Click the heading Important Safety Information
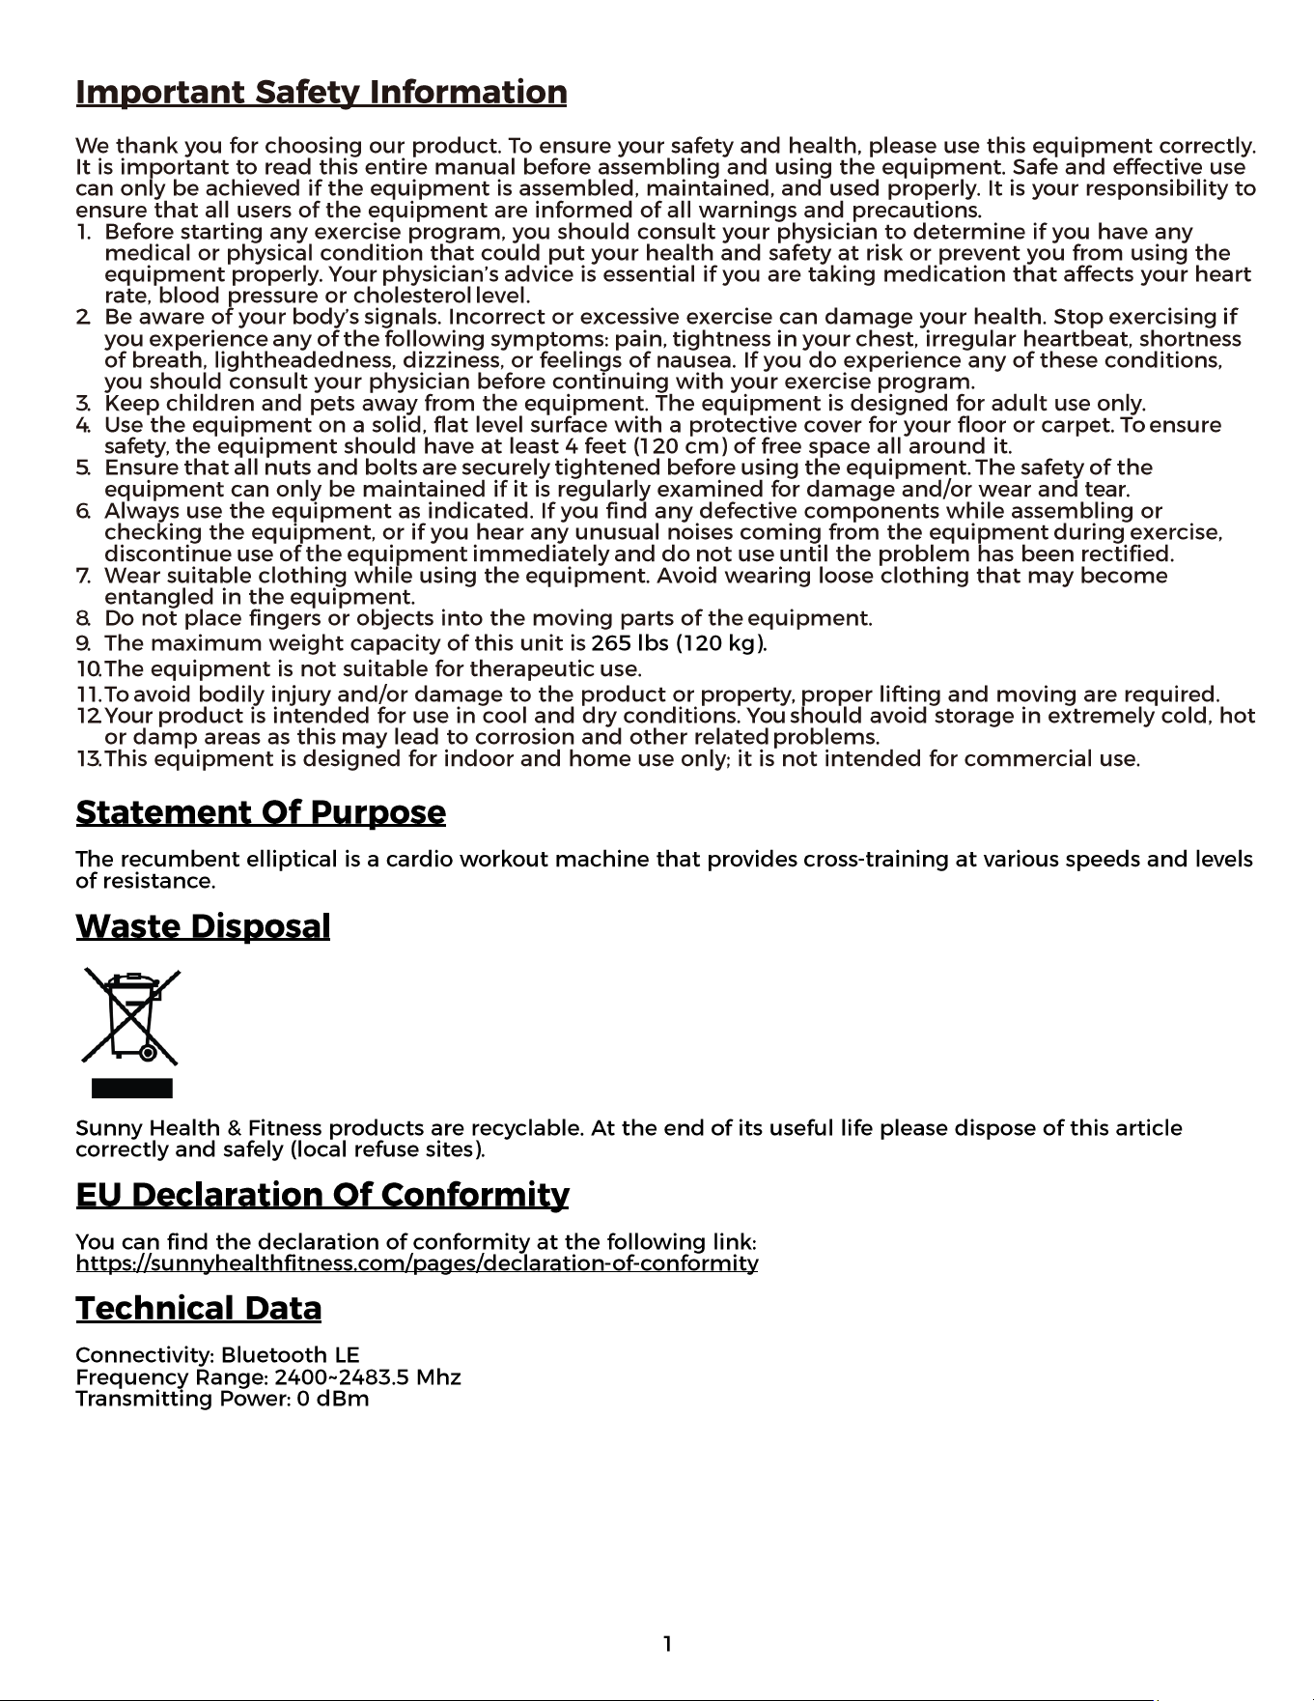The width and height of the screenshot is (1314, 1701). click(x=321, y=93)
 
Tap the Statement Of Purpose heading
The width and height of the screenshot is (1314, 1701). click(x=261, y=812)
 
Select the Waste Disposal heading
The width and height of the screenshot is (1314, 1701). click(x=203, y=926)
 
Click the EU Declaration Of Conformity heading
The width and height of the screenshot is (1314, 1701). click(x=322, y=1195)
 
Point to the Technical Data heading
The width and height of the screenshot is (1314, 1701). click(x=199, y=1309)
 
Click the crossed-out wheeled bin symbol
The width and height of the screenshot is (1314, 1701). click(x=131, y=1016)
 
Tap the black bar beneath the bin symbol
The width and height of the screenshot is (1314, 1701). click(x=132, y=1089)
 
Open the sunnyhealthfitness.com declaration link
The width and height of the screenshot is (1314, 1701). click(x=416, y=1263)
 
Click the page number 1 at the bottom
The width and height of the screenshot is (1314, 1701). click(x=667, y=1644)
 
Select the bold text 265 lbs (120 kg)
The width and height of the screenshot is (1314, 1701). click(x=678, y=643)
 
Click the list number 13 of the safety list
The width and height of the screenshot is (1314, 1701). click(x=88, y=759)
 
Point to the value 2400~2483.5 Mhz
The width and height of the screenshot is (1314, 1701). click(x=368, y=1377)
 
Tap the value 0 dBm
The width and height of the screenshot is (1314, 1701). click(x=333, y=1399)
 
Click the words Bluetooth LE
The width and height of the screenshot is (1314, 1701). click(x=290, y=1355)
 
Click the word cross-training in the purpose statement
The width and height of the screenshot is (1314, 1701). click(x=876, y=860)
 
